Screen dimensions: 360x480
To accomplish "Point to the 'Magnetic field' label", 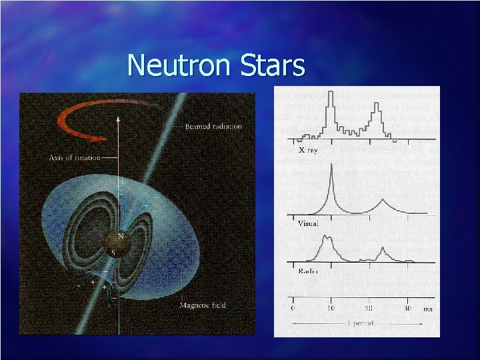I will click(203, 305).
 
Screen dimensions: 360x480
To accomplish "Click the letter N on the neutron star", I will click(121, 235).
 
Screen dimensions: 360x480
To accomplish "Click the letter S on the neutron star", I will click(113, 252).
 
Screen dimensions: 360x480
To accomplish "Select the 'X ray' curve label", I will click(308, 151).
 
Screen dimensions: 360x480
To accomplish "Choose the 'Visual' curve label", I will click(309, 223).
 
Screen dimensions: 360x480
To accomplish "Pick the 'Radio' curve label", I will click(307, 272).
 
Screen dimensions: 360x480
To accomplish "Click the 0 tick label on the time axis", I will click(293, 309).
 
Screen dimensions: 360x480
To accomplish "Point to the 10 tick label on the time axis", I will click(331, 309).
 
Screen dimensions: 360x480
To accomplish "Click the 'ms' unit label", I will click(427, 309).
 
